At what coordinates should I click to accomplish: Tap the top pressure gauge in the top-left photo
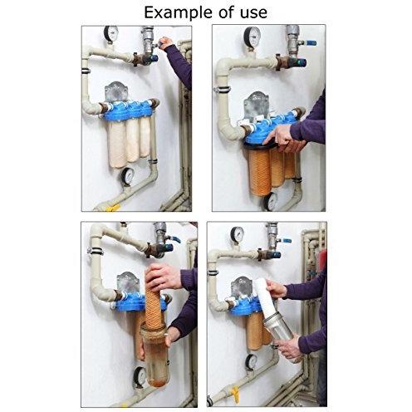(110, 34)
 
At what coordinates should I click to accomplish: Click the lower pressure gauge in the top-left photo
(128, 175)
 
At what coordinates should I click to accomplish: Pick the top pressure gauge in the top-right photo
(253, 36)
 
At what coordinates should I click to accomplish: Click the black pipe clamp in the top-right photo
(223, 85)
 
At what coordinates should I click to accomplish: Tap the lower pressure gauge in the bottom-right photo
(251, 361)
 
